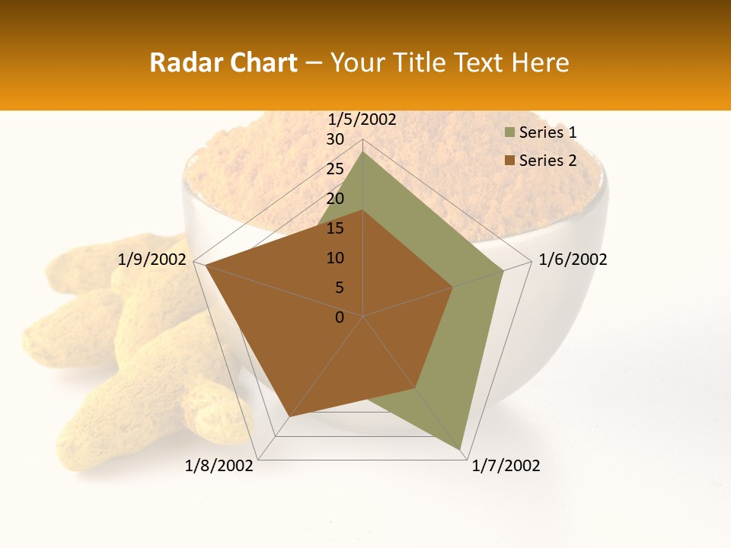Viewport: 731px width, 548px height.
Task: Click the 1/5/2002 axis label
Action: tap(362, 119)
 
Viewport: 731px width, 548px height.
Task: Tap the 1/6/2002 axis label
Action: tap(573, 260)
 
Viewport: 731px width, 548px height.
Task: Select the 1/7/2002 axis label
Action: tap(506, 466)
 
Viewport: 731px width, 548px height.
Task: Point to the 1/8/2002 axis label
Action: tap(219, 466)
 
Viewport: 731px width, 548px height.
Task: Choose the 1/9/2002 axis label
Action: tap(152, 260)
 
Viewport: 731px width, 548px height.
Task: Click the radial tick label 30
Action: tap(335, 139)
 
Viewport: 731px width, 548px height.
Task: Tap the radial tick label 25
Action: tap(335, 169)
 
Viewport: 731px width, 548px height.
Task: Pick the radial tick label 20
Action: tap(335, 199)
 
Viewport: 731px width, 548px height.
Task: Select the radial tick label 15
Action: tap(335, 228)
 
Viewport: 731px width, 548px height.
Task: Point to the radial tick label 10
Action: tap(335, 258)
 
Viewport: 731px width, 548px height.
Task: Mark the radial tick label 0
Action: tap(340, 317)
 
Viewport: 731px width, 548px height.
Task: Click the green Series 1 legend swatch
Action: tap(509, 132)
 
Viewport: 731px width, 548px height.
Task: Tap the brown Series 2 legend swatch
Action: tap(509, 161)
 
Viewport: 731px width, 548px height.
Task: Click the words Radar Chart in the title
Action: tap(223, 62)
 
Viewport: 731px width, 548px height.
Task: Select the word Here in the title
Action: tap(540, 62)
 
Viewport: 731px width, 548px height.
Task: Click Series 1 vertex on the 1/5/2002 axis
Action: tap(362, 152)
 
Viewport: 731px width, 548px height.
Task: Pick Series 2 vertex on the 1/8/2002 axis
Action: tap(289, 416)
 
